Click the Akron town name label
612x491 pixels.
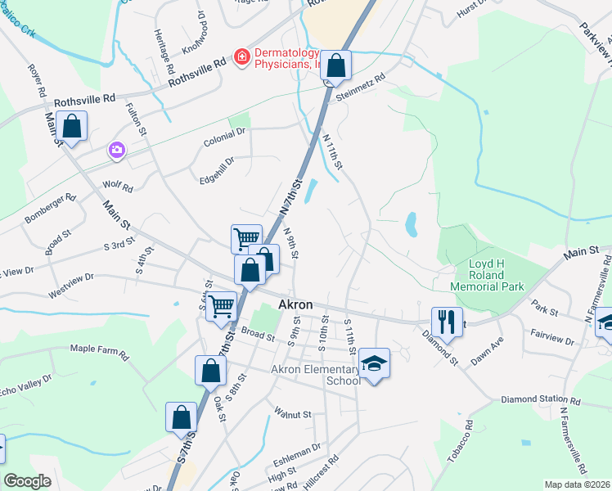click(295, 304)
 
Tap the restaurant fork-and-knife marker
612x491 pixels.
click(447, 321)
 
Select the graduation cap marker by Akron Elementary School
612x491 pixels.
click(374, 363)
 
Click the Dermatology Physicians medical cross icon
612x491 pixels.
click(241, 56)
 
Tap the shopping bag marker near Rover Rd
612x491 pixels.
click(72, 127)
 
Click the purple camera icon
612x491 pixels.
click(116, 150)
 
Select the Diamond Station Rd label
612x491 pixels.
click(540, 401)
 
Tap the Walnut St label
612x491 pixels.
click(294, 414)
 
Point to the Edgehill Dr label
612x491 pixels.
click(218, 168)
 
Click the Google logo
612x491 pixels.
click(28, 481)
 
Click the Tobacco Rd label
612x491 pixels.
click(461, 442)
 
